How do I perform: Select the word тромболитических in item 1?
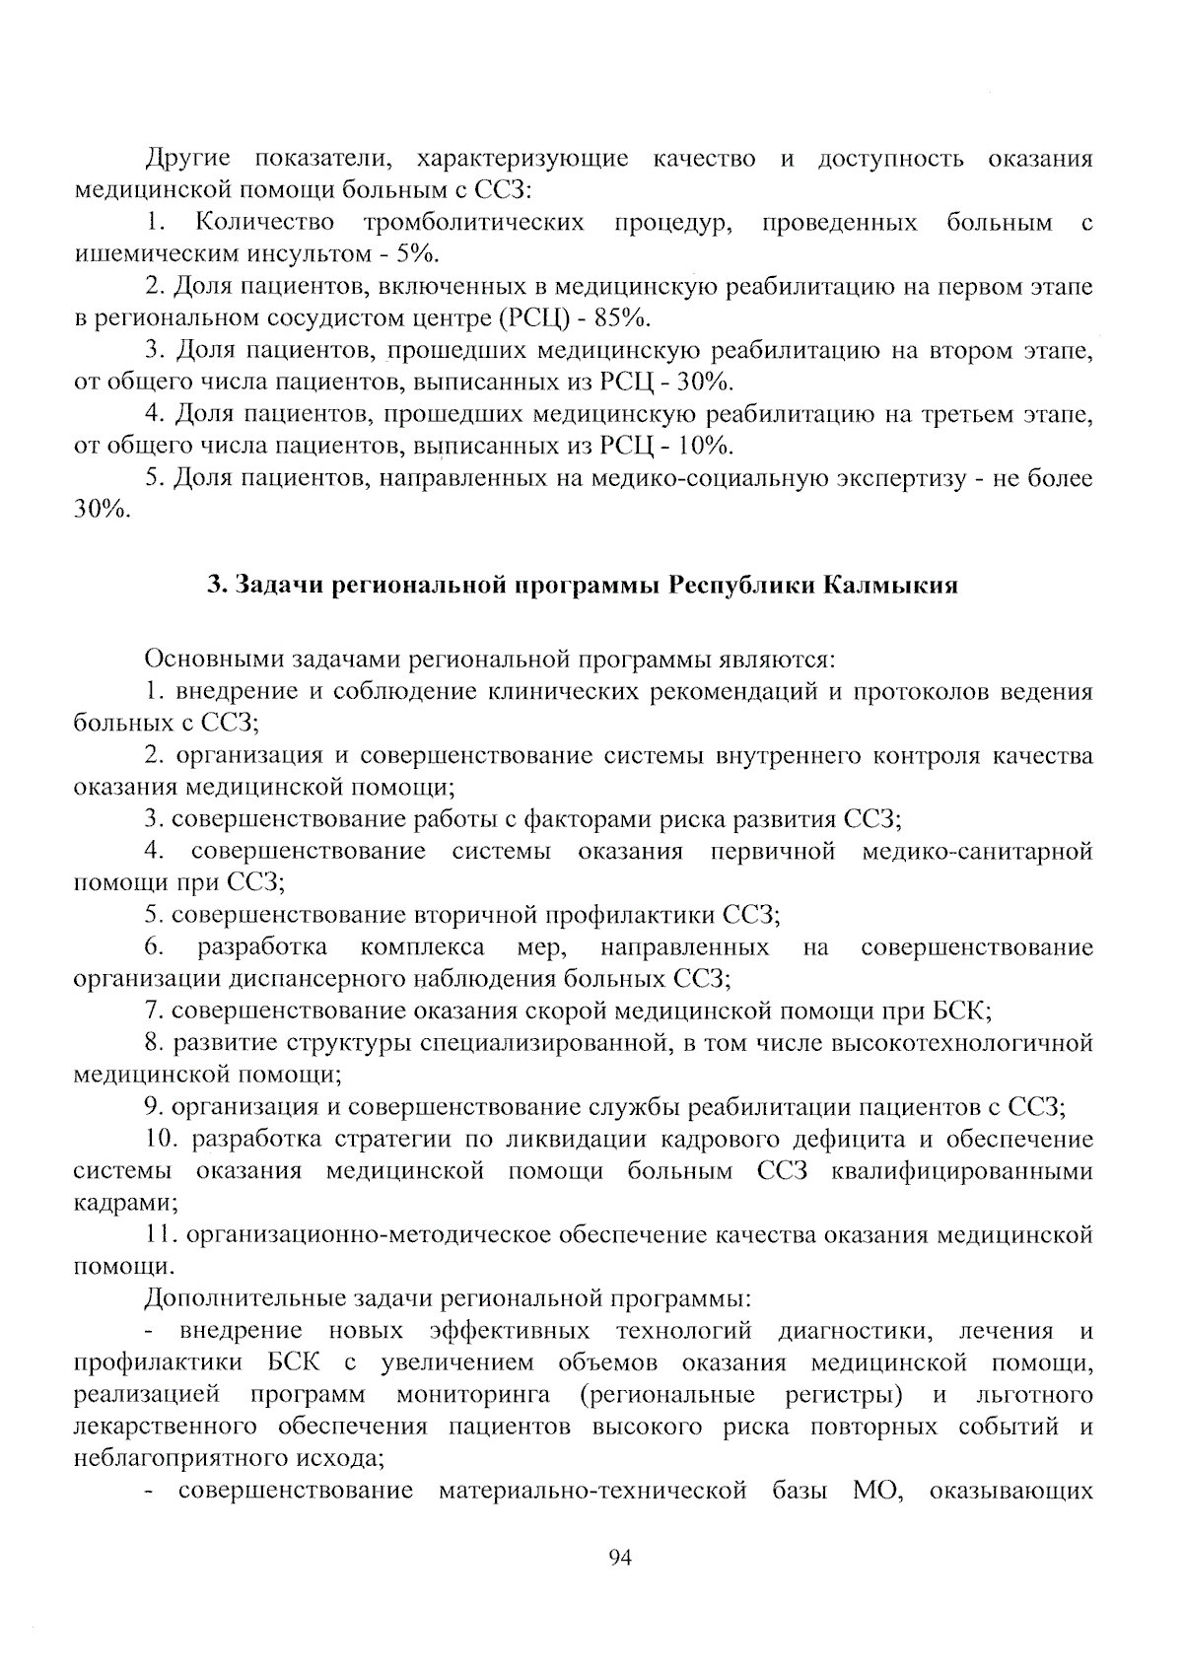pyautogui.click(x=473, y=223)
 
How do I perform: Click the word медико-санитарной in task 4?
pyautogui.click(x=977, y=851)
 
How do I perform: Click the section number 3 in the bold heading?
pyautogui.click(x=213, y=586)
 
